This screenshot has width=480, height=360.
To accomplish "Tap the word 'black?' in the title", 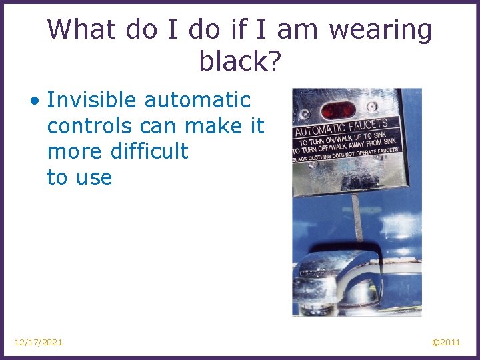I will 239,61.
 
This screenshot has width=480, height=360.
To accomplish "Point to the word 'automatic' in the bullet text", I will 197,101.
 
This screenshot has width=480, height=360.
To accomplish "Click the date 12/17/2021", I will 39,343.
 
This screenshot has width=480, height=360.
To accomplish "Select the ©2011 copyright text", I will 446,343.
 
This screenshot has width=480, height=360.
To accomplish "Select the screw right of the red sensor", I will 371,107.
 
